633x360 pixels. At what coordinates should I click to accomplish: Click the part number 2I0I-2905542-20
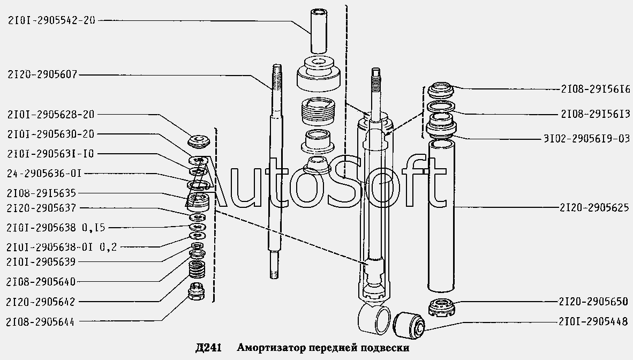point(51,20)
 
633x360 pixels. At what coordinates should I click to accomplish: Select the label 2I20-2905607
point(42,74)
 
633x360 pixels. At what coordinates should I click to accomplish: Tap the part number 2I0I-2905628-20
point(51,115)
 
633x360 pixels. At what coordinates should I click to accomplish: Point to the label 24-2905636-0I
point(44,174)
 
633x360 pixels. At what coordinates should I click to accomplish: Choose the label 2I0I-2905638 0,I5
point(56,228)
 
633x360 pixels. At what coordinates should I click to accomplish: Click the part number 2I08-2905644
point(40,322)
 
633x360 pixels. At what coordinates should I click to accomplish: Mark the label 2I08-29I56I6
point(595,89)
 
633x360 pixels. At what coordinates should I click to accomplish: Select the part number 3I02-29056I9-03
point(586,139)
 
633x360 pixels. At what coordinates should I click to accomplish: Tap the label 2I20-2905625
point(594,208)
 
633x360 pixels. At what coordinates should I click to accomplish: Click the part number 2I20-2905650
point(593,302)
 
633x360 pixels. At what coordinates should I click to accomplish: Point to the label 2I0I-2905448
point(593,321)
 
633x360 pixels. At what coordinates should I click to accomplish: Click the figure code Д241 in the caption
point(208,348)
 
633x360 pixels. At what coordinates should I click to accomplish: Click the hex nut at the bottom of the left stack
point(197,290)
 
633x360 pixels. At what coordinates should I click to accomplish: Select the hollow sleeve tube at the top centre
point(319,30)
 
